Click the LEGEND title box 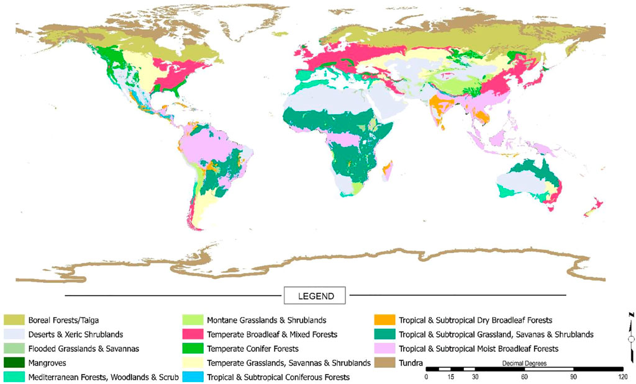pyautogui.click(x=316, y=295)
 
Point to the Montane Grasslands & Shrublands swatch pyautogui.click(x=193, y=320)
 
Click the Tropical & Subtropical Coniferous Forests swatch pyautogui.click(x=193, y=377)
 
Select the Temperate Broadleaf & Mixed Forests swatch pyautogui.click(x=193, y=334)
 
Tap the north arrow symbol pyautogui.click(x=630, y=338)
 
